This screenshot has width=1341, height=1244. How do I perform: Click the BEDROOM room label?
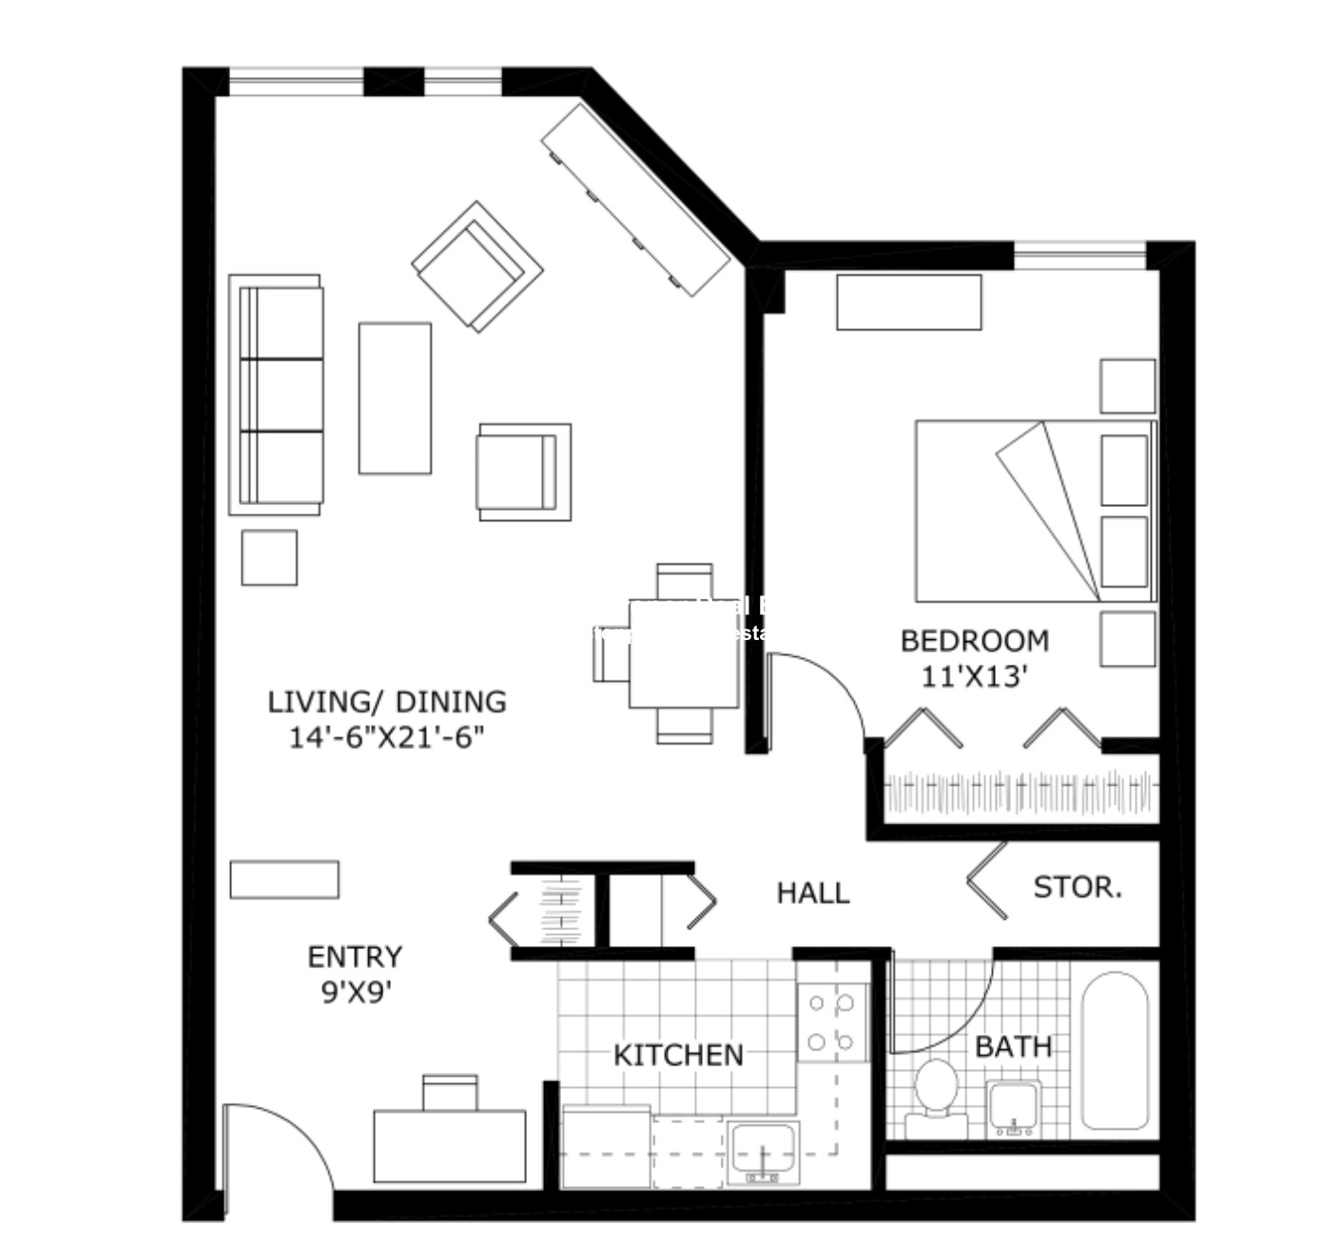click(974, 641)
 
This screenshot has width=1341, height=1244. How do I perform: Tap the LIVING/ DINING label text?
click(386, 702)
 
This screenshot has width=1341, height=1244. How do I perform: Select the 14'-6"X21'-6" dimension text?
click(386, 737)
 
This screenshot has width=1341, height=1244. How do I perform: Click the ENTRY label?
click(355, 956)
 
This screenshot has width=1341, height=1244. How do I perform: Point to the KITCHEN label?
click(678, 1055)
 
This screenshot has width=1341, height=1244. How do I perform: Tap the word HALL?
click(812, 893)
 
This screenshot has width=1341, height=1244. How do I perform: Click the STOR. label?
click(1078, 887)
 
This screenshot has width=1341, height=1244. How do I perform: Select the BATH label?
click(1013, 1047)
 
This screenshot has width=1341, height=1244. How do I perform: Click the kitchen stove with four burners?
click(831, 1022)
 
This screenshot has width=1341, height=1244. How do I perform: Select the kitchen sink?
click(763, 1152)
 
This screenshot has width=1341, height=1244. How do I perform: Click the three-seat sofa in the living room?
click(278, 395)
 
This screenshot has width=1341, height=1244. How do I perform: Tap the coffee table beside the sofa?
click(395, 398)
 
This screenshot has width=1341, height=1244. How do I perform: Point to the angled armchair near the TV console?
click(476, 265)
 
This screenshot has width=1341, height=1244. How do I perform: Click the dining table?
click(683, 654)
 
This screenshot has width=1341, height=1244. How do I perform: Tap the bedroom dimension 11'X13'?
click(974, 676)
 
